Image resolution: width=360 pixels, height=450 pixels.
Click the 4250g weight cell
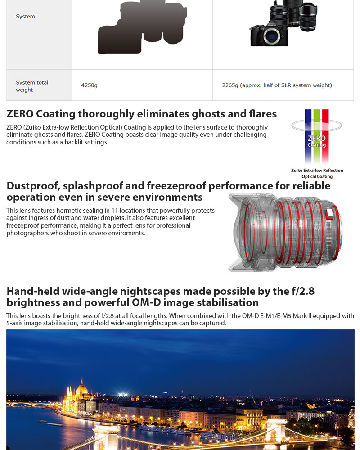click(x=89, y=85)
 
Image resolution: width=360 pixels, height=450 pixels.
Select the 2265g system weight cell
click(x=277, y=85)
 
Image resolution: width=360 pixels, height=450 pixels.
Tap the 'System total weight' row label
click(x=32, y=86)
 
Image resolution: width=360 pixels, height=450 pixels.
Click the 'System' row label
click(x=25, y=17)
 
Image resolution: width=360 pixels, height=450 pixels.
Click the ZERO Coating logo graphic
click(x=316, y=137)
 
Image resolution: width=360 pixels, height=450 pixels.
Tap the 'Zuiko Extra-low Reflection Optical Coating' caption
click(x=317, y=173)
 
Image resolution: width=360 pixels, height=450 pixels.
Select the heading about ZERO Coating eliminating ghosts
click(x=141, y=114)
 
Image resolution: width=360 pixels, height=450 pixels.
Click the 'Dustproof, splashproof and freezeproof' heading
click(x=168, y=191)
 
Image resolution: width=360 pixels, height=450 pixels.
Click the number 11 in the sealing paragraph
click(x=119, y=211)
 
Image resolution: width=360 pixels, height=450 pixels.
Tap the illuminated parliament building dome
click(x=81, y=386)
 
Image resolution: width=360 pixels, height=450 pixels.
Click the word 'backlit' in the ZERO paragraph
click(x=87, y=142)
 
